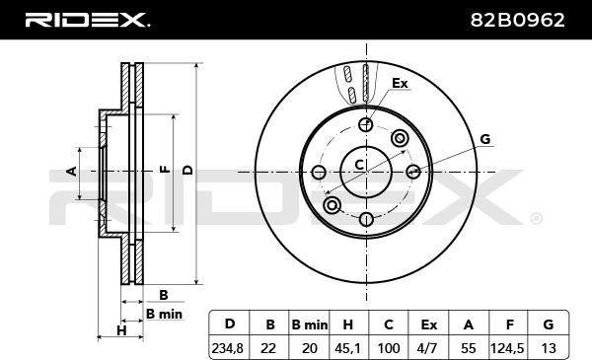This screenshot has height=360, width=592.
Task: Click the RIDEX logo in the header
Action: click(x=87, y=20)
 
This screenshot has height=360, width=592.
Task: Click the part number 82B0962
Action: click(x=517, y=20)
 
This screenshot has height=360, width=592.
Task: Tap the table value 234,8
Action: click(x=228, y=348)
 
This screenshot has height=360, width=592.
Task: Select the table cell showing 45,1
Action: click(x=347, y=348)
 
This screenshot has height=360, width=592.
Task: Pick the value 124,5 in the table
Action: click(x=507, y=348)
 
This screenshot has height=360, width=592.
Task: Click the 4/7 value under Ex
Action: click(x=427, y=348)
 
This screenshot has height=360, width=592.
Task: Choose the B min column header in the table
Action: click(x=310, y=324)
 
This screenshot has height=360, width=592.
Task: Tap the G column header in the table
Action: click(x=549, y=324)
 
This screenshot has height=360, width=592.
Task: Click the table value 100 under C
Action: click(x=389, y=348)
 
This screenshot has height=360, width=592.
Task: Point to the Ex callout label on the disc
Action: click(x=400, y=83)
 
